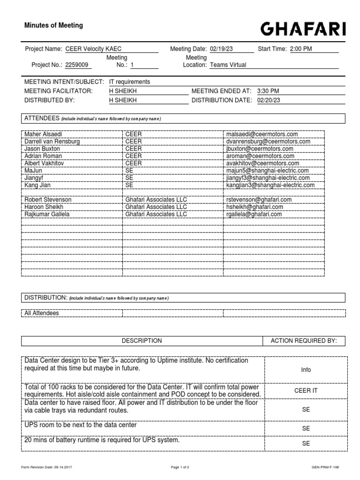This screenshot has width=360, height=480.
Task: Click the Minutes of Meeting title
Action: [53, 26]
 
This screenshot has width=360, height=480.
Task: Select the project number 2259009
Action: [77, 66]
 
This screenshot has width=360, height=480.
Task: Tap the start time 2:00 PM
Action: [301, 49]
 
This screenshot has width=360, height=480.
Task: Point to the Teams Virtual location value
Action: [228, 66]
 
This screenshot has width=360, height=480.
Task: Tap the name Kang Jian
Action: [37, 185]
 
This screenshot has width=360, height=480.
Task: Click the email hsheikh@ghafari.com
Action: [254, 207]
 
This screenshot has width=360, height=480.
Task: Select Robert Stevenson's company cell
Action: [156, 200]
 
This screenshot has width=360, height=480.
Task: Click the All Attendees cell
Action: [42, 313]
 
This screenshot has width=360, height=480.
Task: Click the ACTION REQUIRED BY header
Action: [304, 341]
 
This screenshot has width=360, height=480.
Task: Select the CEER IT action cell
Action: [306, 390]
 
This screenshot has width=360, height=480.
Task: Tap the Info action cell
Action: [306, 370]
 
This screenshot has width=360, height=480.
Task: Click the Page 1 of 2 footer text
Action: [180, 467]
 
